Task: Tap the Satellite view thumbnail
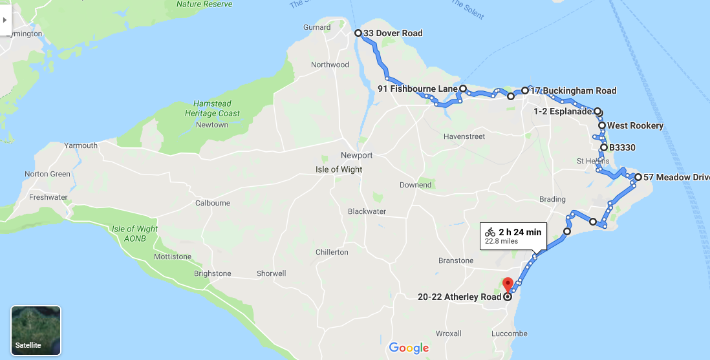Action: pyautogui.click(x=36, y=330)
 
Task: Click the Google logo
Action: pyautogui.click(x=409, y=348)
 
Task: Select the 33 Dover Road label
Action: pyautogui.click(x=393, y=34)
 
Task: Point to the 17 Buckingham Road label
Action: pyautogui.click(x=573, y=90)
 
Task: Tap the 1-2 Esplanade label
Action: pyautogui.click(x=563, y=111)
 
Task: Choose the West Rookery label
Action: pyautogui.click(x=635, y=125)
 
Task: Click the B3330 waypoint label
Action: pyautogui.click(x=623, y=147)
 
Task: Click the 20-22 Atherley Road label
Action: pyautogui.click(x=459, y=297)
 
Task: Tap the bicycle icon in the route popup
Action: pyautogui.click(x=490, y=231)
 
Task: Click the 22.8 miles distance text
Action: pyautogui.click(x=502, y=242)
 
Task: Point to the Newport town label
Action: pyautogui.click(x=357, y=156)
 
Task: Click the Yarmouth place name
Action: pyautogui.click(x=81, y=145)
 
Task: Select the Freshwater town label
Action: pyautogui.click(x=48, y=197)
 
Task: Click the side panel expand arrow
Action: pyautogui.click(x=5, y=20)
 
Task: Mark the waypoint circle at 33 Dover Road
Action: pyautogui.click(x=358, y=33)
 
